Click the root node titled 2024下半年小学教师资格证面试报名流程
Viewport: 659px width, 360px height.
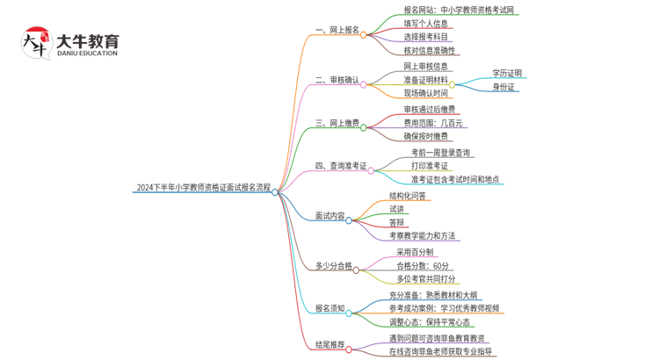pos(203,187)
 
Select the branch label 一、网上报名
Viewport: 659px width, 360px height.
pos(337,30)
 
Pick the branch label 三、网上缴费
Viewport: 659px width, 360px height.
pos(337,124)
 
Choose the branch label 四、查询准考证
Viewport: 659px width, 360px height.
pos(341,166)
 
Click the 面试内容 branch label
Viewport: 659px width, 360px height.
pos(330,216)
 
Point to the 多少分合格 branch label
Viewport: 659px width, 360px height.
pos(334,265)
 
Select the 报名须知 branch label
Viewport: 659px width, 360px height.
pos(330,308)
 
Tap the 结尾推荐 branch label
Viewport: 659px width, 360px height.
pos(330,345)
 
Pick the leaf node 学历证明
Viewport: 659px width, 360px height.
pos(506,73)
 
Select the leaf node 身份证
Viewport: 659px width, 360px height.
pos(503,87)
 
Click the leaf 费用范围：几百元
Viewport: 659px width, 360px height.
pos(432,123)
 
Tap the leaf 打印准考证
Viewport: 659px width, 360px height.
pos(429,165)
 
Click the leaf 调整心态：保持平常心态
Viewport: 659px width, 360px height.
pos(435,322)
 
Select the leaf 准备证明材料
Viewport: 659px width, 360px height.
pos(425,80)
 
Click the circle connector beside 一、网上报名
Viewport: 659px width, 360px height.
pos(364,35)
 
